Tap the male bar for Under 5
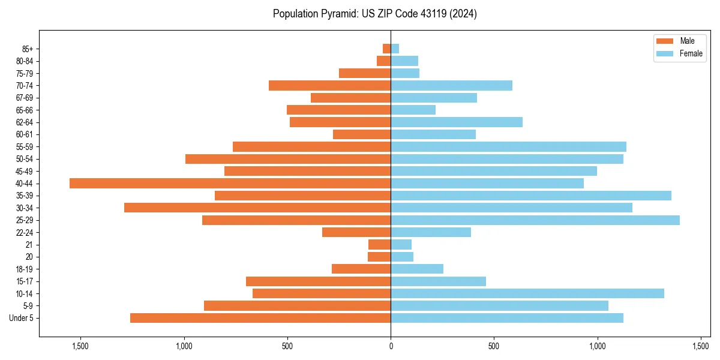(260, 318)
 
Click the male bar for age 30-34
(257, 208)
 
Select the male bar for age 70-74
(329, 85)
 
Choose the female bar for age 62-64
(457, 122)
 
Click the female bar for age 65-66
(413, 110)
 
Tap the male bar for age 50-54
(288, 159)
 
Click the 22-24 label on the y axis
(24, 232)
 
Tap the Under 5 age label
(22, 318)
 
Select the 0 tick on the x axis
(391, 346)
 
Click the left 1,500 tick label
(80, 346)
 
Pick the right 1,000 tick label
(598, 346)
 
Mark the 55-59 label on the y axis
(24, 146)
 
